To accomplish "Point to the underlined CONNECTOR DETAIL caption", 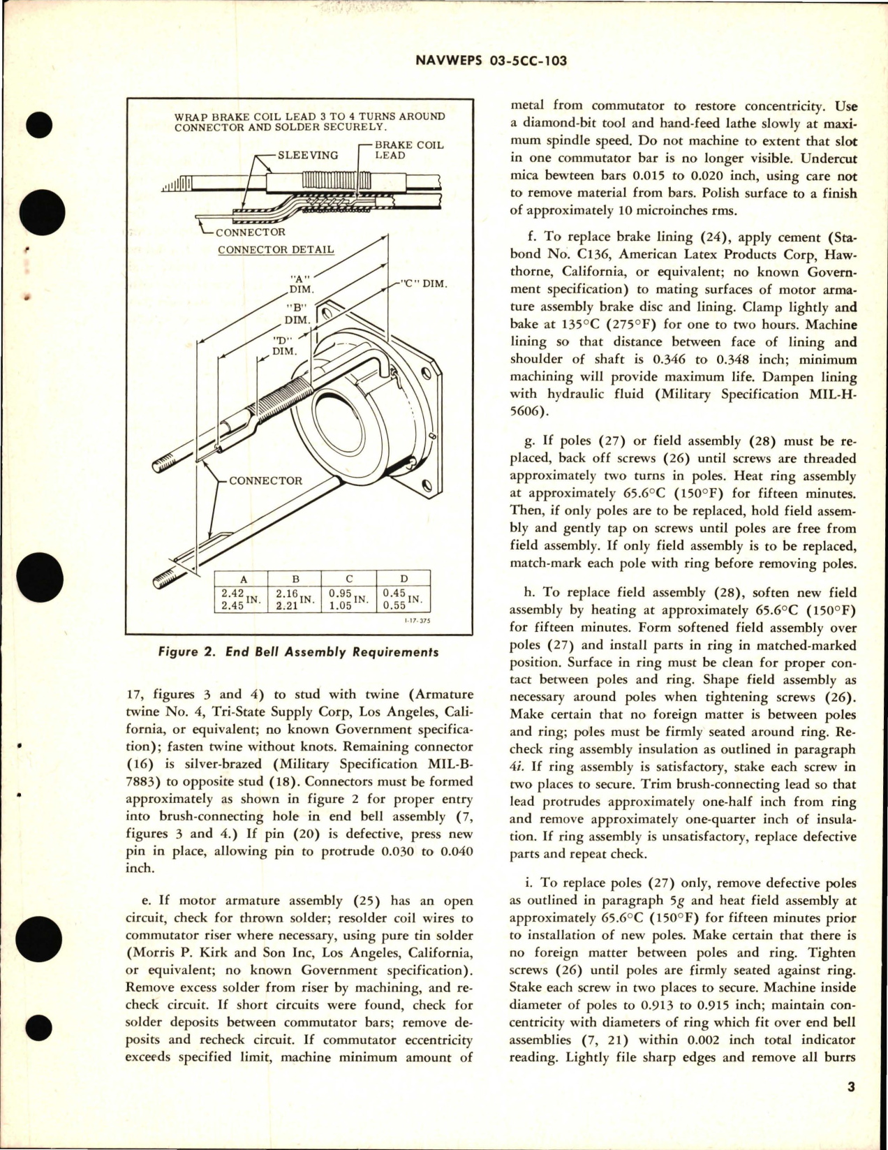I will tap(275, 249).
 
